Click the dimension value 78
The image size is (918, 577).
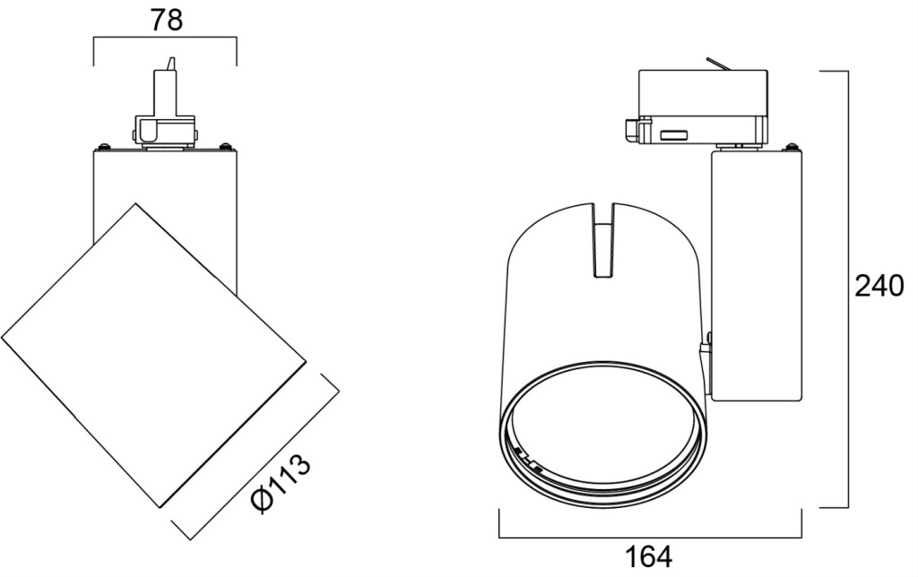tap(166, 21)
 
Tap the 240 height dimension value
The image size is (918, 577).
tap(879, 287)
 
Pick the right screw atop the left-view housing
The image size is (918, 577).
tap(225, 146)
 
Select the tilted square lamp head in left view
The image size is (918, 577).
tap(153, 355)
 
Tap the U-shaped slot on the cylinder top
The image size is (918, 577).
tap(604, 240)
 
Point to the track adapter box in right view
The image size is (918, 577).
tap(703, 106)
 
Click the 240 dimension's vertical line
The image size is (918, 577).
tap(848, 289)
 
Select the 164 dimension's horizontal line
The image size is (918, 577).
tap(650, 538)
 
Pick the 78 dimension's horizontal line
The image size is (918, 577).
tap(165, 38)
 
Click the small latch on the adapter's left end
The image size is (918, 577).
tap(631, 129)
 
